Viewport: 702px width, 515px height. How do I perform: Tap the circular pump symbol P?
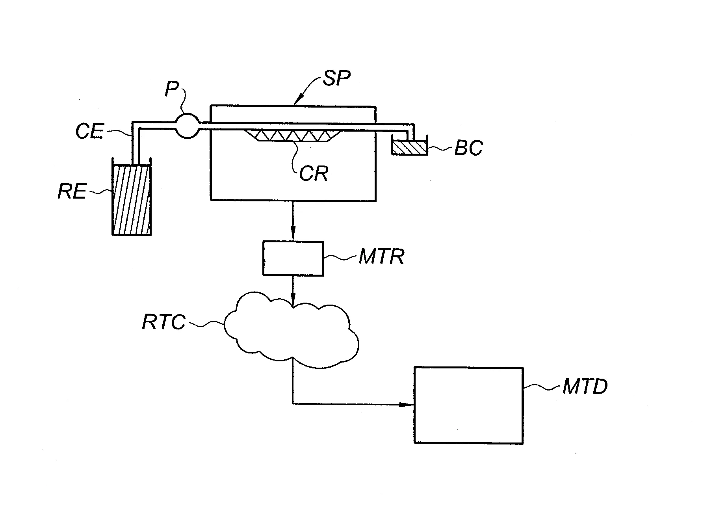point(187,125)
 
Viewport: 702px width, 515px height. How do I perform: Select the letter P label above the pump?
point(172,89)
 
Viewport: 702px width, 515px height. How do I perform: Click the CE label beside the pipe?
point(89,132)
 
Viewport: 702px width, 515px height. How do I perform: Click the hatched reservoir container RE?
point(132,200)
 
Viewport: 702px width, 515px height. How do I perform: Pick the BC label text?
point(468,149)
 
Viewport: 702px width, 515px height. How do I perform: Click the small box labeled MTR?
point(293,258)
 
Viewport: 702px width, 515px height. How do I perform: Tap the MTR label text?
point(381,257)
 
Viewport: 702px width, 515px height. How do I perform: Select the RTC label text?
point(163,322)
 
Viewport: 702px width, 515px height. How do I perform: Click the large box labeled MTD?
point(468,405)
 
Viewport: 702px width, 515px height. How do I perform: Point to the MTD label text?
point(585,387)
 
